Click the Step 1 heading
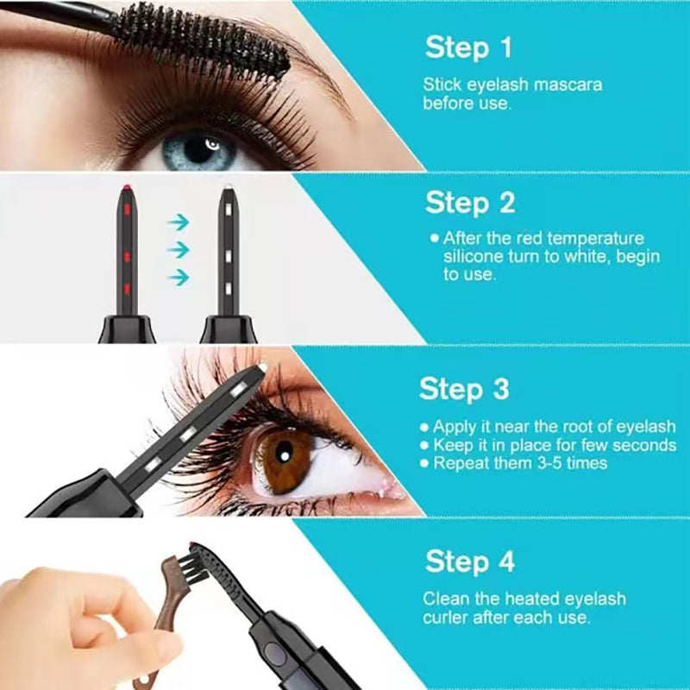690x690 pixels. click(469, 47)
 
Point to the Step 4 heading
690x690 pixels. click(470, 561)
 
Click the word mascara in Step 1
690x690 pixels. click(569, 85)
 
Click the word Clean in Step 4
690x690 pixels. click(444, 599)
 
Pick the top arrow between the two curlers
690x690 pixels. click(178, 222)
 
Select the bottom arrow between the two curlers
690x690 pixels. click(178, 277)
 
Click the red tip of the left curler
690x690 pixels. click(127, 187)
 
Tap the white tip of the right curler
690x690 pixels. click(229, 187)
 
